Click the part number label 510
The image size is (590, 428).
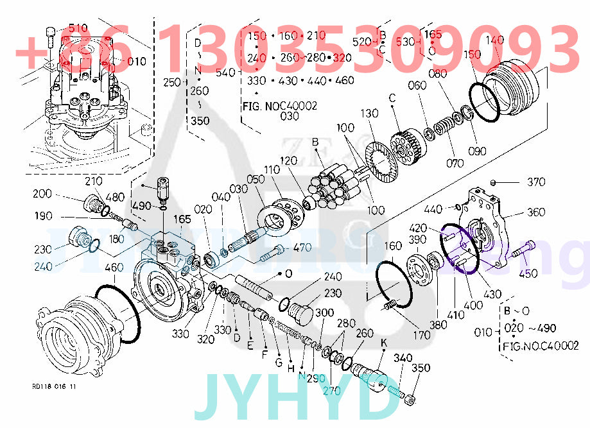[78, 28]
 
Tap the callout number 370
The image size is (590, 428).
[537, 182]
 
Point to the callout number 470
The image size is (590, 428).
[302, 248]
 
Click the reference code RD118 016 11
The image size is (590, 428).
[54, 387]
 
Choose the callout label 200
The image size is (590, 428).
[42, 193]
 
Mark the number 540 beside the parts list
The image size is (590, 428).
[226, 73]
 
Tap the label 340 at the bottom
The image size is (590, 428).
[403, 357]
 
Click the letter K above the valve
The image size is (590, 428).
[383, 343]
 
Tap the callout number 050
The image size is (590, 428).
[256, 179]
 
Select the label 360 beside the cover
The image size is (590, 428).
[536, 212]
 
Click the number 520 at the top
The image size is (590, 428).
[362, 42]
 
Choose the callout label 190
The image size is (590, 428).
[44, 216]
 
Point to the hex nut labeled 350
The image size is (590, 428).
[409, 402]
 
